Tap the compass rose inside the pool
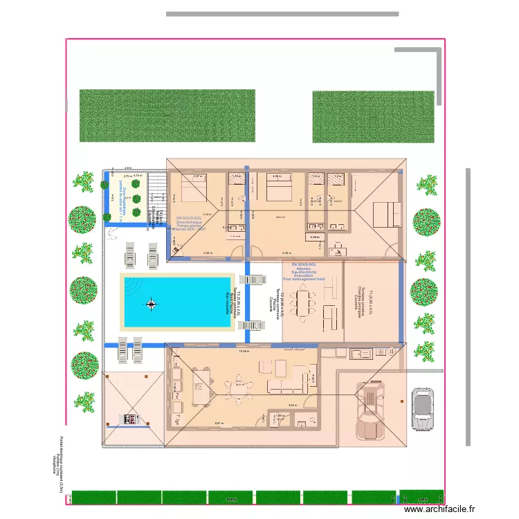[x=151, y=302]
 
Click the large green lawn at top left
[x=167, y=116]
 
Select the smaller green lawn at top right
[x=374, y=117]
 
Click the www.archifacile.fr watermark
[x=440, y=509]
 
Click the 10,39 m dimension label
[x=243, y=352]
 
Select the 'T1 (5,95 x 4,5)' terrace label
[x=371, y=302]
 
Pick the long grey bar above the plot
[x=282, y=13]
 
